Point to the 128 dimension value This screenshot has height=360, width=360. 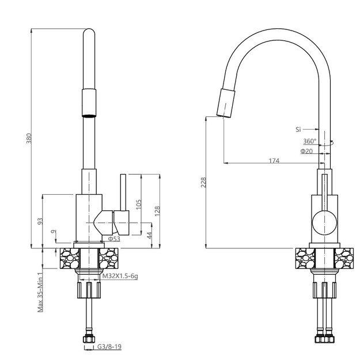point(157,211)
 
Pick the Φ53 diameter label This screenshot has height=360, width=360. point(113,238)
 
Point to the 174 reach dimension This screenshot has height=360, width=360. point(274,161)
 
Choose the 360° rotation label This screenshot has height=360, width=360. point(309,141)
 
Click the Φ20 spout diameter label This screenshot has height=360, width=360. point(306,151)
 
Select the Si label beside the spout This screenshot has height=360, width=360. point(298,129)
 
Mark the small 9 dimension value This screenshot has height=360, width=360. point(54,232)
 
